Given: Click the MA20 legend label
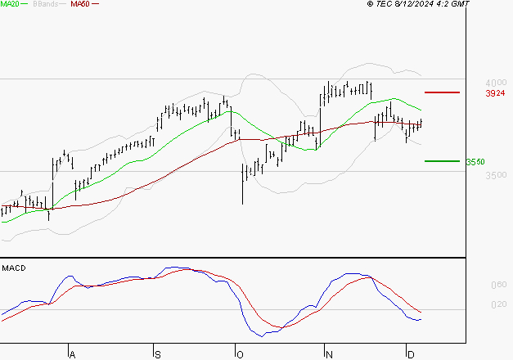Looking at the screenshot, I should (x=11, y=4).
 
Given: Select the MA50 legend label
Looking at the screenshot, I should (x=80, y=4).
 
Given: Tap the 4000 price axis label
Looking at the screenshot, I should (x=495, y=83).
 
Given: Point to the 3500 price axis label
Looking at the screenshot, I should (x=495, y=175).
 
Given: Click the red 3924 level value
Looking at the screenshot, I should (x=495, y=94).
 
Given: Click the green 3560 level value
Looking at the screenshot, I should (x=475, y=162).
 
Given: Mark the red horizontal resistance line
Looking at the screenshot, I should (x=442, y=92).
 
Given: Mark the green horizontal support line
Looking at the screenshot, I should (x=442, y=161).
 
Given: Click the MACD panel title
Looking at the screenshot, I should (x=13, y=268).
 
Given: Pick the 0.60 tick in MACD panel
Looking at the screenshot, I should (x=498, y=286).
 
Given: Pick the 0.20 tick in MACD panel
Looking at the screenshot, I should (x=498, y=305).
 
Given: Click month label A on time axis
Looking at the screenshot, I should (x=72, y=354).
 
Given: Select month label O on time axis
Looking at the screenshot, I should (x=239, y=354).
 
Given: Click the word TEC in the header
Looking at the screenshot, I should (x=384, y=4).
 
